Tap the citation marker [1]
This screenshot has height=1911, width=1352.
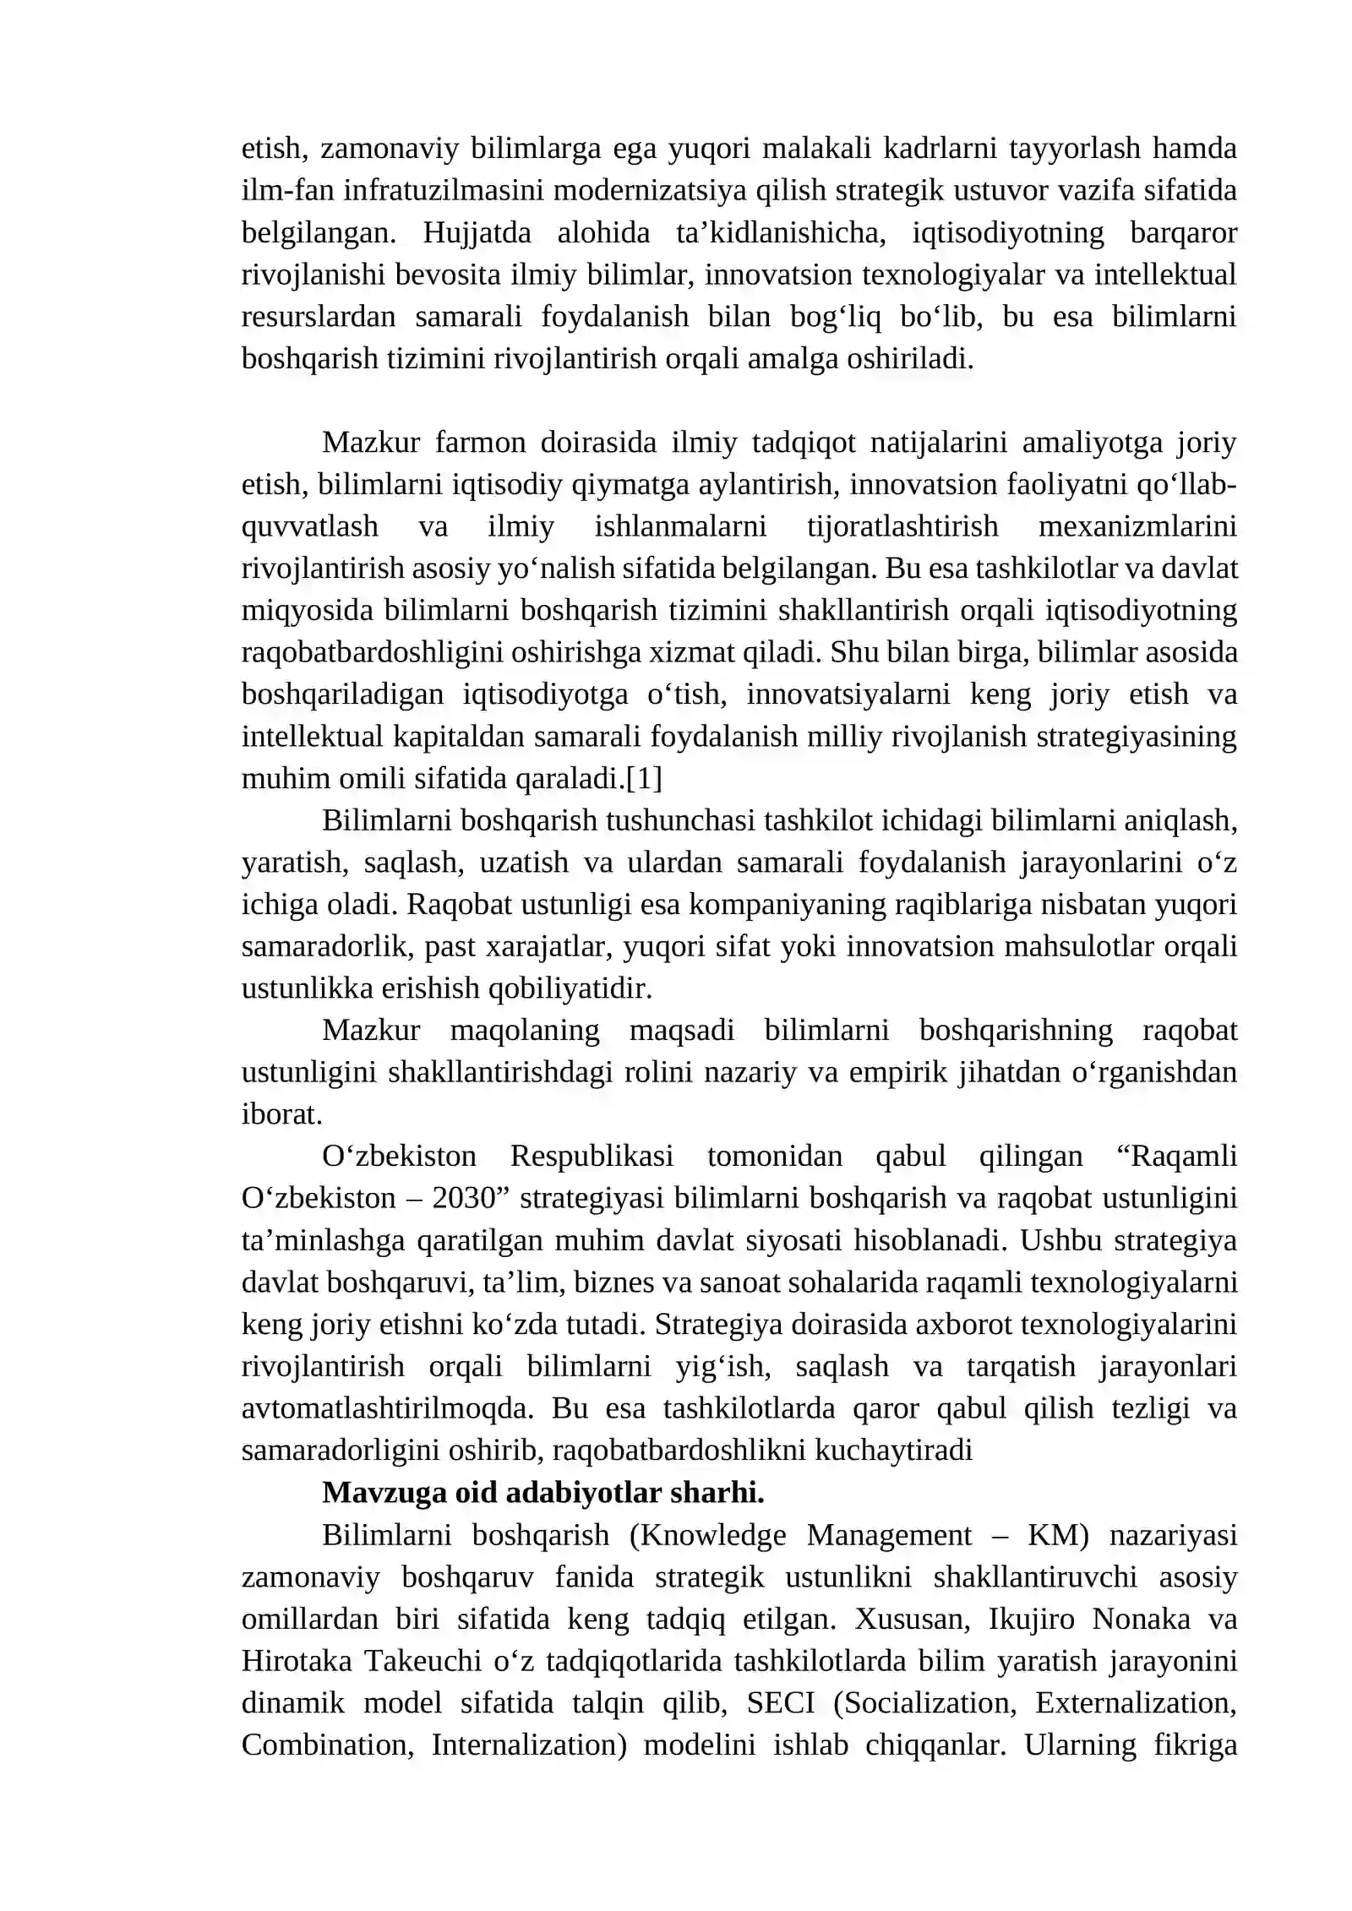coord(644,778)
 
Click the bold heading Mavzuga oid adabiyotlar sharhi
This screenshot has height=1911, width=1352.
coord(542,1493)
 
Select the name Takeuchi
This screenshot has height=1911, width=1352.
coord(422,1661)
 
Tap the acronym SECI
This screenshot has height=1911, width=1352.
coord(780,1703)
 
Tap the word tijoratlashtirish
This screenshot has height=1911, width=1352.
coord(902,526)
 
